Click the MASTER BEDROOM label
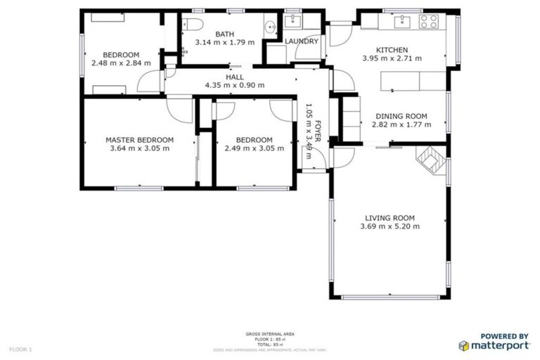click(x=139, y=139)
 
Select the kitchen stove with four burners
click(x=429, y=21)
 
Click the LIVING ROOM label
click(x=390, y=217)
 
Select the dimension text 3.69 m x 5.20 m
click(x=390, y=226)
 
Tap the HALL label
click(x=234, y=77)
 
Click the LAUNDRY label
click(x=302, y=41)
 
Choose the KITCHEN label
click(x=391, y=50)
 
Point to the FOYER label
click(x=318, y=131)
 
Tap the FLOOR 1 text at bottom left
click(x=20, y=349)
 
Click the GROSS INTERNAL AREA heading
click(x=270, y=333)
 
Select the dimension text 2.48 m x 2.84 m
click(x=121, y=63)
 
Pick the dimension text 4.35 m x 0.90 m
click(x=234, y=85)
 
